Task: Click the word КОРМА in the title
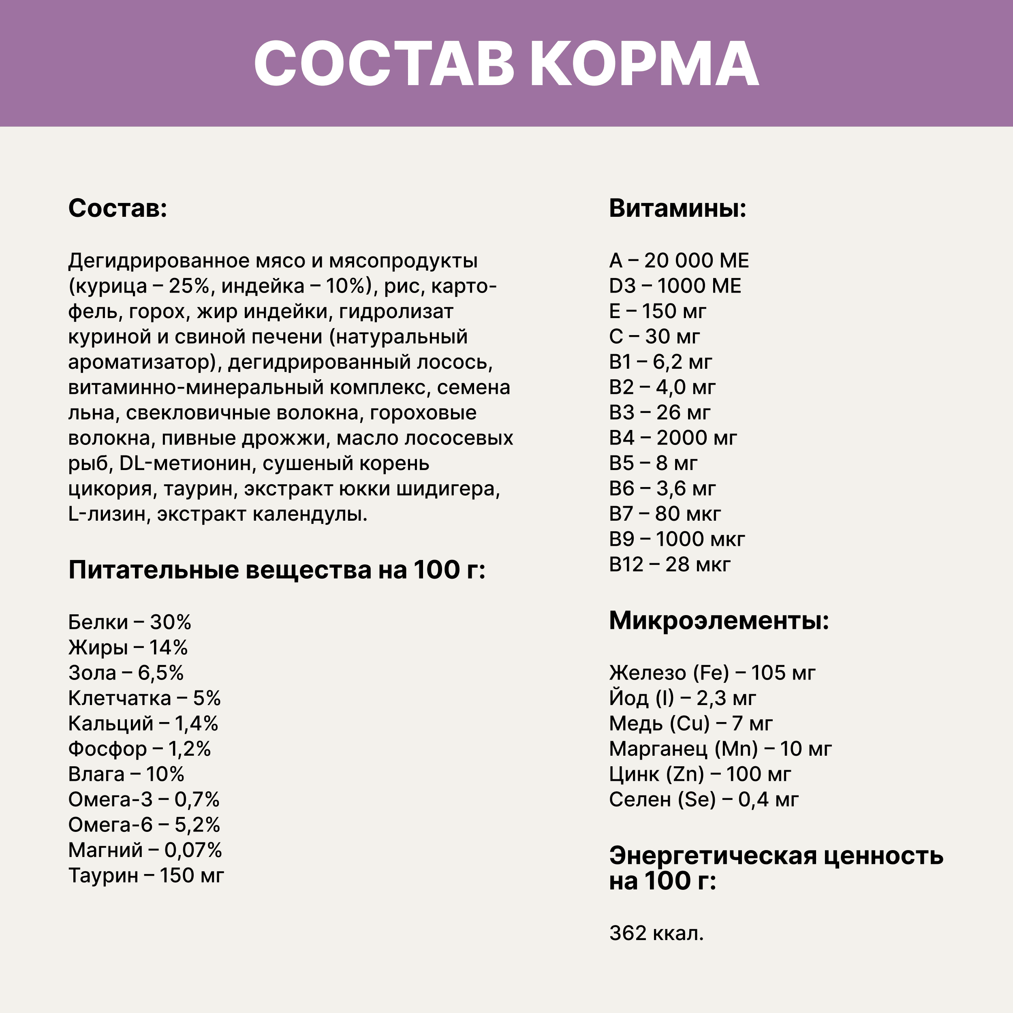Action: coord(644,64)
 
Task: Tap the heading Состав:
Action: coord(118,208)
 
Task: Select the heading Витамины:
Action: coord(677,208)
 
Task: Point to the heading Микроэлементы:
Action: coord(719,621)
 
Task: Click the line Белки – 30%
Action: coord(130,622)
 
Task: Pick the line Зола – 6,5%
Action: coord(126,673)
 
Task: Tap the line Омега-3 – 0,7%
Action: coord(144,799)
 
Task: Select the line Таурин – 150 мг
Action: coord(146,875)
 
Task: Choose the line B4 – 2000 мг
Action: coord(673,438)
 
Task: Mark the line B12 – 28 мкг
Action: coord(669,564)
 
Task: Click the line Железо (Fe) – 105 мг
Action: coord(712,673)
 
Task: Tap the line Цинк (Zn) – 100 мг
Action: coord(700,774)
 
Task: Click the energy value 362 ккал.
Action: coord(656,933)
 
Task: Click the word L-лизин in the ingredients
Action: coord(107,514)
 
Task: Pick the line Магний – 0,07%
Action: coord(145,850)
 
